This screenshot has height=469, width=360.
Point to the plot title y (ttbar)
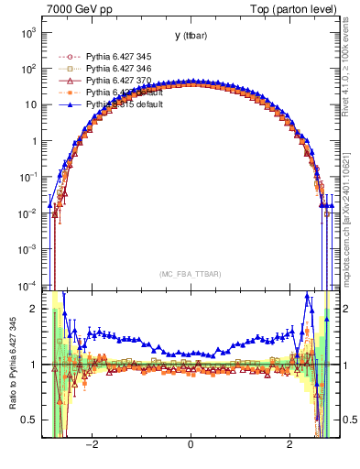[x=190, y=36]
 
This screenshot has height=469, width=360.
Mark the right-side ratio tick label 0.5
[x=346, y=420]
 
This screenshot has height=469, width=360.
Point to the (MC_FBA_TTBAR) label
[x=190, y=274]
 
